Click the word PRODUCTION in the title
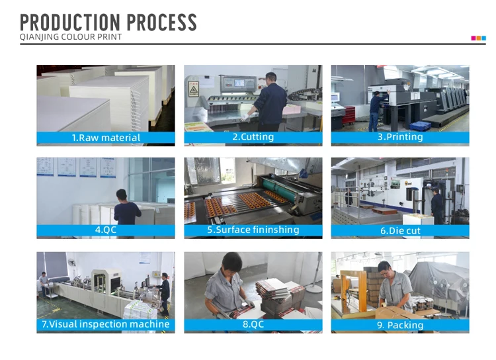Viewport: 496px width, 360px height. coord(70,22)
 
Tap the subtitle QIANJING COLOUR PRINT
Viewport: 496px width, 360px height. coord(71,37)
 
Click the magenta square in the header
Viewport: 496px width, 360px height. coord(474,38)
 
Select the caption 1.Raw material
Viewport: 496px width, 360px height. coord(106,138)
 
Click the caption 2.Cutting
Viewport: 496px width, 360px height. coord(253,137)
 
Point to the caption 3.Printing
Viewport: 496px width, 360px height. coord(400,137)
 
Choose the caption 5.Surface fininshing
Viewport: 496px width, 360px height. coord(253,230)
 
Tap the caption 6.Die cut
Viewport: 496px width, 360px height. coord(400,230)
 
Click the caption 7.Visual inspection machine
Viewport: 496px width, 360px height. coord(106,324)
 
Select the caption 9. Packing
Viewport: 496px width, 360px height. coord(400,325)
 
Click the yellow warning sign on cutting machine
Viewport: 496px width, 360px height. coord(193,89)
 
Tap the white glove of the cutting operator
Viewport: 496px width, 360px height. coord(245,117)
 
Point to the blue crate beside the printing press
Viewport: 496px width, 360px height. coord(420,126)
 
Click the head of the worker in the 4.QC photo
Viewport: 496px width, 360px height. coord(122,195)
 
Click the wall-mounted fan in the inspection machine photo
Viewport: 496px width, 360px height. coord(72,262)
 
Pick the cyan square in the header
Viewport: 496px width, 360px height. coord(483,38)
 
